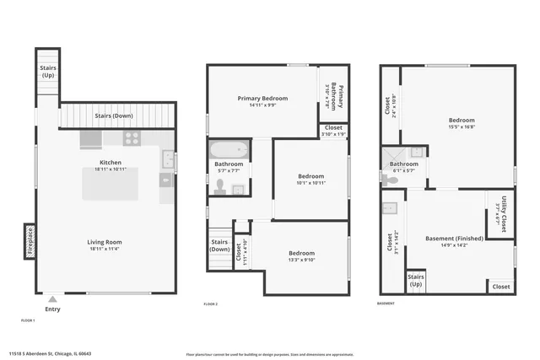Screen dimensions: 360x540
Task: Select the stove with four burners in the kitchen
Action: coord(132,138)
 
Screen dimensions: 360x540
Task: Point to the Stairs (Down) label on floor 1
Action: coord(113,116)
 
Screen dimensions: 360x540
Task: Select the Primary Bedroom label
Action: coord(262,99)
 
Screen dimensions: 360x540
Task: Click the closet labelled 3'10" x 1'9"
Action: coord(333,131)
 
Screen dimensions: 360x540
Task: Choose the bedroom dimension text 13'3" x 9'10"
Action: coord(302,260)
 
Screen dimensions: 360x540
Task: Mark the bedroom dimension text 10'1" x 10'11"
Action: coord(310,182)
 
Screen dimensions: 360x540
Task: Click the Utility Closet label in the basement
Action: coord(502,214)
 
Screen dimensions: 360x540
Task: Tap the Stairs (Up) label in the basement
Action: coord(415,280)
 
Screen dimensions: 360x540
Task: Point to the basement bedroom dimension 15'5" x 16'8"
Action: coord(461,127)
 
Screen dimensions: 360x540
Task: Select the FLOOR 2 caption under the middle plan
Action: coord(210,304)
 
